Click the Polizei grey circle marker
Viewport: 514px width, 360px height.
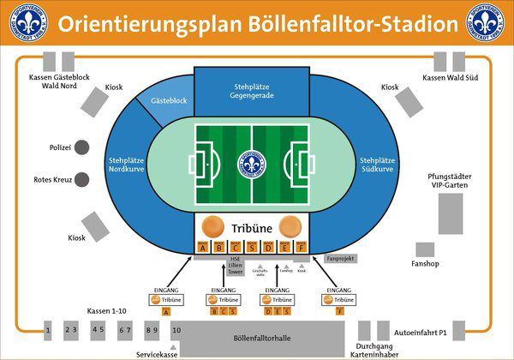(x=82, y=147)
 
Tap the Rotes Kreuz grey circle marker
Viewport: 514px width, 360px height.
(x=82, y=179)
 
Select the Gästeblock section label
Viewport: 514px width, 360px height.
(x=168, y=101)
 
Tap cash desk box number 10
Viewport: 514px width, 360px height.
(x=176, y=329)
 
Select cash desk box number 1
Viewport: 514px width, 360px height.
(x=49, y=329)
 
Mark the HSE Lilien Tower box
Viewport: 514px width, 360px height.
(x=233, y=266)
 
